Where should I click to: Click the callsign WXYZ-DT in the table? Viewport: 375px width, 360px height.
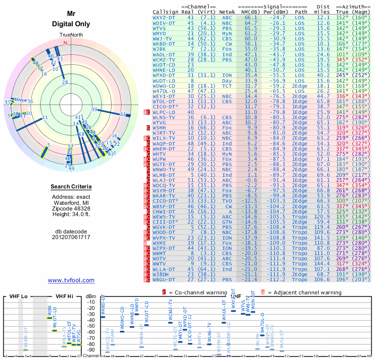(x=164, y=17)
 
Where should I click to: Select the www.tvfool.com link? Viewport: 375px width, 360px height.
(x=71, y=280)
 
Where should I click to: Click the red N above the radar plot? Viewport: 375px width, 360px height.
(x=65, y=43)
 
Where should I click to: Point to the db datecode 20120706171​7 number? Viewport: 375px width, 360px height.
(x=71, y=237)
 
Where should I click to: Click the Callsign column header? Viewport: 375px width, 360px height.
(x=165, y=11)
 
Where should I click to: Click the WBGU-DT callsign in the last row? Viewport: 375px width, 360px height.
(x=164, y=280)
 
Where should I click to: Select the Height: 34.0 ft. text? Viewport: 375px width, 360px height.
(x=71, y=214)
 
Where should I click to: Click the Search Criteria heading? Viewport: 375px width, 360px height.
(x=71, y=187)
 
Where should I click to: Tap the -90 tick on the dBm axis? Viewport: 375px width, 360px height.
(x=91, y=350)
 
